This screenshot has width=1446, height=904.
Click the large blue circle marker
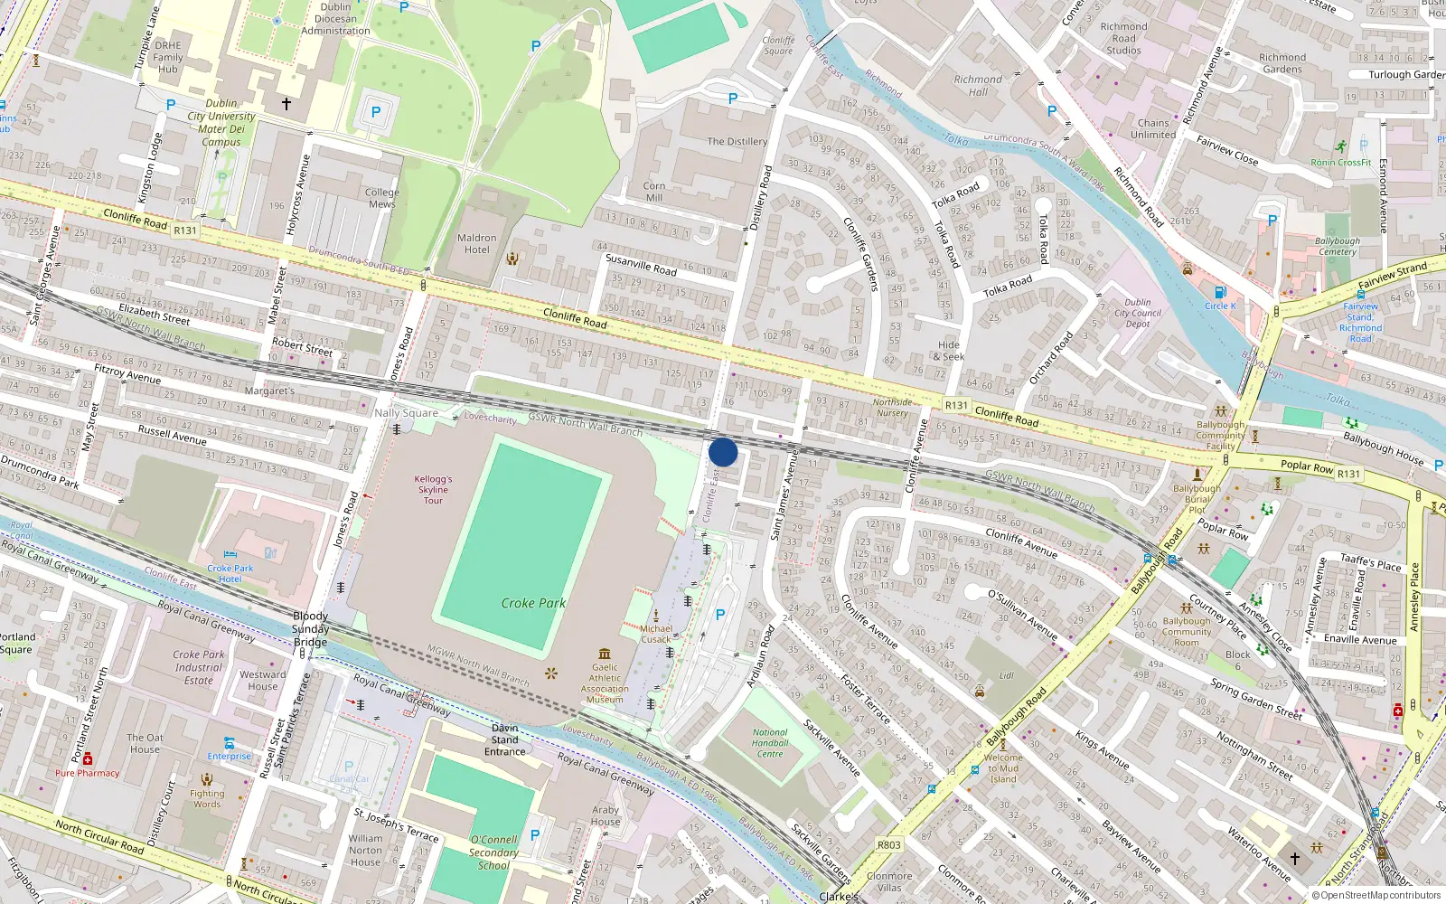click(723, 452)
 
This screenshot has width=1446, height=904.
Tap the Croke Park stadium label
click(533, 603)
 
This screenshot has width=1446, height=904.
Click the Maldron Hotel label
click(477, 244)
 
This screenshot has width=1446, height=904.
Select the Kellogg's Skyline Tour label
click(433, 489)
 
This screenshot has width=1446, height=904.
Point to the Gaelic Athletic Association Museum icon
click(605, 654)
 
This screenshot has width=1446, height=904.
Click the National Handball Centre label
click(770, 743)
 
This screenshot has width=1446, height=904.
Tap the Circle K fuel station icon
click(1220, 292)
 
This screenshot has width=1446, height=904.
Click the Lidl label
click(1007, 675)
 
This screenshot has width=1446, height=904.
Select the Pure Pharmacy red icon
click(88, 759)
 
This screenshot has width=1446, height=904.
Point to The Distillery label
click(737, 142)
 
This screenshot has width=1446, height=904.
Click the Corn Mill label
click(654, 192)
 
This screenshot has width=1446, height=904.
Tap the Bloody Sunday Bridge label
click(310, 629)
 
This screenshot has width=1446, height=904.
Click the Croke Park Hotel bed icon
click(230, 554)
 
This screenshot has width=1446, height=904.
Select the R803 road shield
click(889, 845)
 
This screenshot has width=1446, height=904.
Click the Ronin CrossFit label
click(1340, 163)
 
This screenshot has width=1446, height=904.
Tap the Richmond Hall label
click(977, 86)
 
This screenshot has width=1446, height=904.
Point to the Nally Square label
click(406, 413)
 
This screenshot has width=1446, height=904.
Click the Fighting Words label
click(207, 798)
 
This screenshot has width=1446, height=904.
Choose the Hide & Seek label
click(949, 351)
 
